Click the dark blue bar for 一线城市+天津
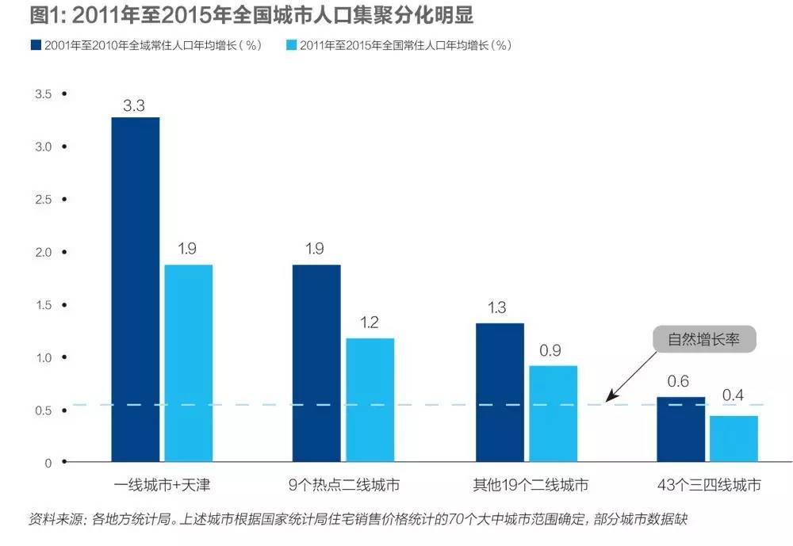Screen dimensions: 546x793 (x=136, y=289)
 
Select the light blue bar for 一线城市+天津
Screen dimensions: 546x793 (x=189, y=363)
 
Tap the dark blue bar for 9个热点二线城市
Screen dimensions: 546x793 (x=316, y=363)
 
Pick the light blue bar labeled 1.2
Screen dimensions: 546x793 (x=370, y=399)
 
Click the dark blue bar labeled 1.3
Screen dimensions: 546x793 (x=500, y=392)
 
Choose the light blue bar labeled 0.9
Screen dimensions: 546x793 (x=553, y=413)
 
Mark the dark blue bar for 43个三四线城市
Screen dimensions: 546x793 (x=680, y=429)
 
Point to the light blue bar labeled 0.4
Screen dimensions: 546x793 (x=734, y=438)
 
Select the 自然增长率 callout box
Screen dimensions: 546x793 (x=703, y=340)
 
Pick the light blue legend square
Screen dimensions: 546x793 (x=290, y=45)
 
